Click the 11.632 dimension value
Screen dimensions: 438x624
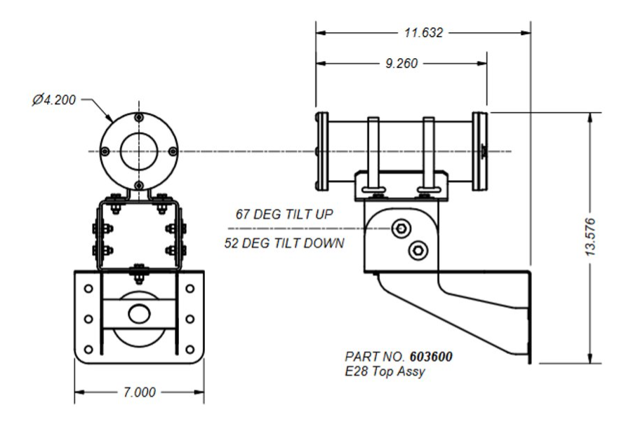423,33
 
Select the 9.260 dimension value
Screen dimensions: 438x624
401,64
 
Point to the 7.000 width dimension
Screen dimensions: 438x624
139,392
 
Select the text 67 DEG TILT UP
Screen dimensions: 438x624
284,214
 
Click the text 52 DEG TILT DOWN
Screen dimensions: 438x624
284,243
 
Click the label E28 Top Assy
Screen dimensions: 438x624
385,371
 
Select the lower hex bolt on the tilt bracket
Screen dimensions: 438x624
418,249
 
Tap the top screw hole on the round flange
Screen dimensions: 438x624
139,117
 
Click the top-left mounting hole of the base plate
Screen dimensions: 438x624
88,288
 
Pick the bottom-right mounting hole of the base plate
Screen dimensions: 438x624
190,349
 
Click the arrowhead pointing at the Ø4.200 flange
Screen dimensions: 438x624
109,117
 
